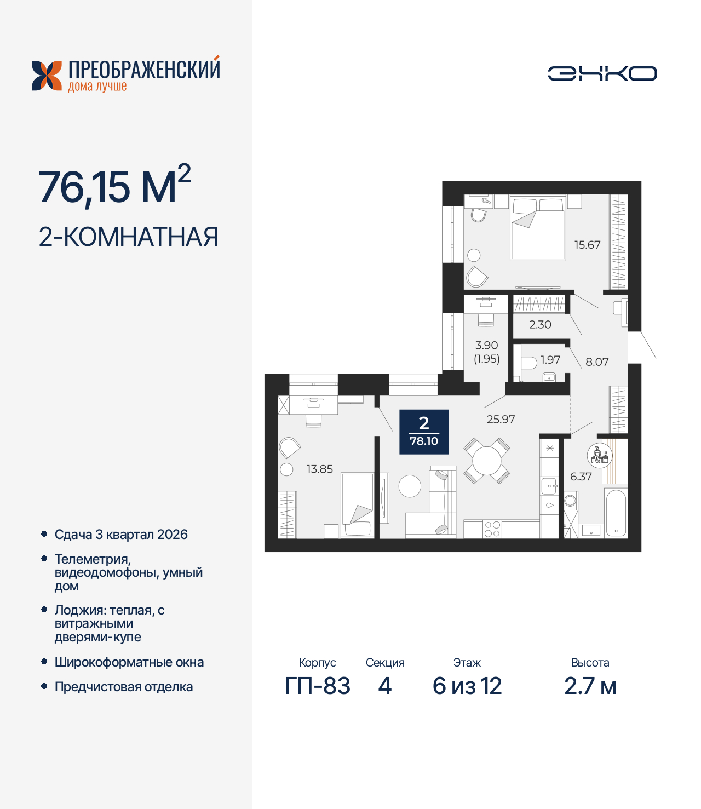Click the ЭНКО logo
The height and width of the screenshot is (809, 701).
tap(602, 73)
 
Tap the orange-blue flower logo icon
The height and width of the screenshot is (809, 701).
tap(47, 76)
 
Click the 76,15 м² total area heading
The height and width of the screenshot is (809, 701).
tap(114, 186)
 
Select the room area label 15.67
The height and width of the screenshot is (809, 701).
tap(587, 245)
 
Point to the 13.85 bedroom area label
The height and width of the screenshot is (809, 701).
tap(319, 469)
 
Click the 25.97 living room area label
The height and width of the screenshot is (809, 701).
tap(501, 419)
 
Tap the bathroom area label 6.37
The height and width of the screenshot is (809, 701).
tap(581, 477)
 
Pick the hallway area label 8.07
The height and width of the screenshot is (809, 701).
tap(597, 362)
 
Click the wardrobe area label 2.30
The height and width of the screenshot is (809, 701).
tap(540, 324)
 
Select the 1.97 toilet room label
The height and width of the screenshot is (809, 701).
tap(550, 359)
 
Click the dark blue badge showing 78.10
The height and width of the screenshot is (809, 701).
tap(424, 432)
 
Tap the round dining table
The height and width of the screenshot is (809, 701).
tap(486, 461)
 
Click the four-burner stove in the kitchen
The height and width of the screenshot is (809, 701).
tap(492, 529)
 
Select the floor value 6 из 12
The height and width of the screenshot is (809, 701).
tap(467, 686)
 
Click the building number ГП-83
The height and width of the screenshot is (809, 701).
tap(318, 686)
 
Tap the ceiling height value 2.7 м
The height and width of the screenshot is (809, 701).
tap(590, 686)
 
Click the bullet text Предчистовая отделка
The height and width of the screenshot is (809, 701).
tap(124, 687)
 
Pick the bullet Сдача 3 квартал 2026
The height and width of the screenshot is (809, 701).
tap(121, 535)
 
